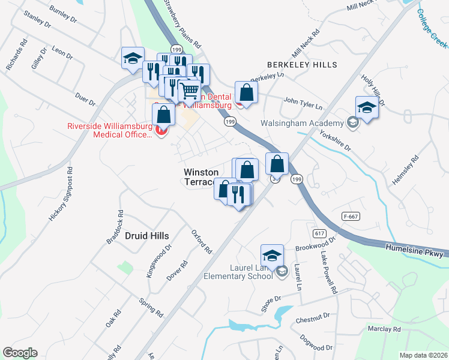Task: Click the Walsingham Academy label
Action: (x=302, y=123)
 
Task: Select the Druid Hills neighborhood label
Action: (x=146, y=236)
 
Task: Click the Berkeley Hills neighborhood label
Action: (x=303, y=65)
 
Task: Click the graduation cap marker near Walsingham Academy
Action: (x=367, y=107)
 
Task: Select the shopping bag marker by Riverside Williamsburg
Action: (x=164, y=114)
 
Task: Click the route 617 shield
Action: (x=318, y=232)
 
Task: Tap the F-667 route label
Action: (x=351, y=215)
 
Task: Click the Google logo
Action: (x=20, y=353)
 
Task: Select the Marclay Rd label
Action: (x=384, y=329)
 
